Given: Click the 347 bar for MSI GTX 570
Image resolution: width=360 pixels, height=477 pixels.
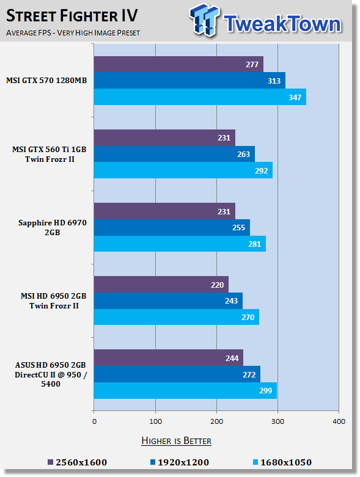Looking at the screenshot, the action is [x=200, y=97].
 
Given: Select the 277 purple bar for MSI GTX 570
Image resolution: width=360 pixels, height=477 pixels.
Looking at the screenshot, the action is [x=178, y=64].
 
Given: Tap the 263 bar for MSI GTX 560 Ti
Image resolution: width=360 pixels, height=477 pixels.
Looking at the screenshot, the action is [x=174, y=154].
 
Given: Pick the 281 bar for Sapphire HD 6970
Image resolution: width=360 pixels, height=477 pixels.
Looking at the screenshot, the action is [x=180, y=244].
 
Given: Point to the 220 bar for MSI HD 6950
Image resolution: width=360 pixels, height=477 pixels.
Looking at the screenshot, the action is [x=161, y=285].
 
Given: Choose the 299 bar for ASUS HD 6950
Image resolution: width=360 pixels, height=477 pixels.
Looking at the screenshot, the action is [x=185, y=391].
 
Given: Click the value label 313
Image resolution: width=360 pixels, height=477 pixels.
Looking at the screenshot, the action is [x=274, y=81].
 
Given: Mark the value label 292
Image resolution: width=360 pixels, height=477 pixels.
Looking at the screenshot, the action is [x=261, y=170].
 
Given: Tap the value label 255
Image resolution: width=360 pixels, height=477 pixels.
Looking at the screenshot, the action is [x=238, y=228].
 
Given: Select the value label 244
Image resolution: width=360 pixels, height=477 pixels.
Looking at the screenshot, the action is [x=232, y=358].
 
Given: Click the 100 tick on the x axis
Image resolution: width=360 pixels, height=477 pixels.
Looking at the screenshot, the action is [x=155, y=421].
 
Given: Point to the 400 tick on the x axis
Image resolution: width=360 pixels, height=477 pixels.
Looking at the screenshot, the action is [x=339, y=421].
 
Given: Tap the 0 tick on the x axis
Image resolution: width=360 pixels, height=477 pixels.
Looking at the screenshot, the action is [x=94, y=421].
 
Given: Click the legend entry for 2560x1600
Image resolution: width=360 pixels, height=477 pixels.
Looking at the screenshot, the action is [x=77, y=462].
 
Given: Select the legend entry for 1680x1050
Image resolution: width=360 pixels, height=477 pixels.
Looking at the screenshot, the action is [x=282, y=462].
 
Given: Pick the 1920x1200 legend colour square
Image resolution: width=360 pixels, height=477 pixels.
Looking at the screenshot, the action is [x=153, y=462].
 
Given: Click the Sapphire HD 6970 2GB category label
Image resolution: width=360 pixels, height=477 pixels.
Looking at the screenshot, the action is [x=53, y=228].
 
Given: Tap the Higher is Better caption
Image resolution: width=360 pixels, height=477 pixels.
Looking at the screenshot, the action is [x=176, y=441].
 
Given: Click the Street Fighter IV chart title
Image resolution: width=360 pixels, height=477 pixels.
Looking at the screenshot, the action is [x=72, y=16].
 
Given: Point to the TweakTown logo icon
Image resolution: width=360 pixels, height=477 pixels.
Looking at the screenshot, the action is [x=205, y=20].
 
